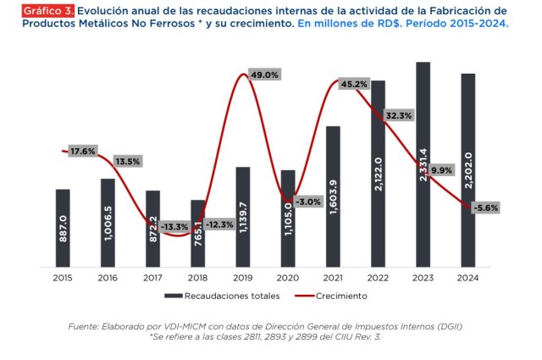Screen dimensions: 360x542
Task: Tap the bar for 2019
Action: [x=243, y=215]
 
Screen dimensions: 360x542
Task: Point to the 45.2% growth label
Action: [x=353, y=84]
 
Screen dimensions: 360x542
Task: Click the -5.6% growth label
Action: [x=486, y=207]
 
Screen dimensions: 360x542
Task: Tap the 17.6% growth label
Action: [x=82, y=152]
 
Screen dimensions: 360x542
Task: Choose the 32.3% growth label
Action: [x=398, y=115]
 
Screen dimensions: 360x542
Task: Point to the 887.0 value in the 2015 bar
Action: [x=64, y=230]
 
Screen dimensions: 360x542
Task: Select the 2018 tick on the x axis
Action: [x=197, y=277]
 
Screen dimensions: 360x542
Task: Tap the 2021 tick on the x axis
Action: [x=333, y=277]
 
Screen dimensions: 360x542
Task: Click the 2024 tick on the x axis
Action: [x=467, y=277]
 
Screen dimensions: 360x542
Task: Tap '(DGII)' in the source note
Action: [x=445, y=326]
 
